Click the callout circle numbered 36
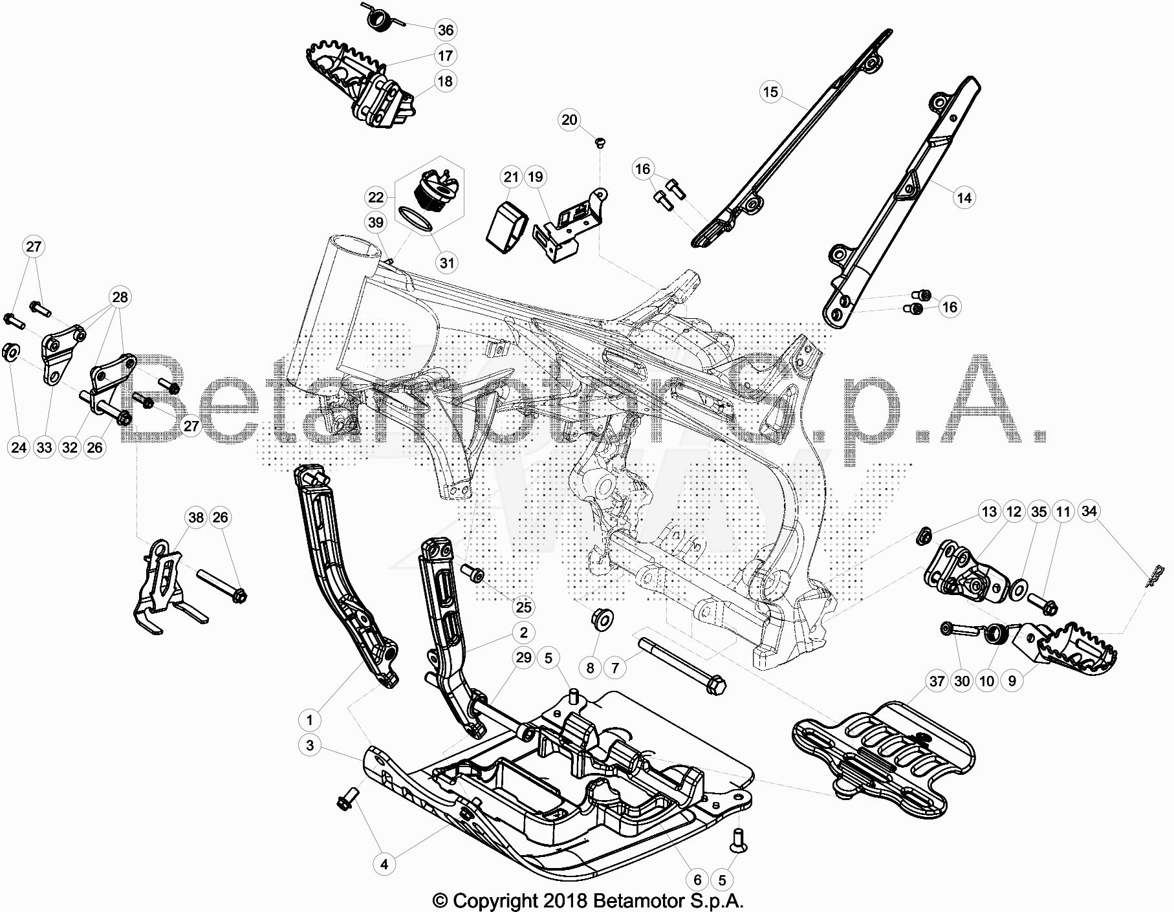pos(446,30)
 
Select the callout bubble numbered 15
pos(770,92)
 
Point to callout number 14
pos(964,197)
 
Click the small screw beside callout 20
pos(599,142)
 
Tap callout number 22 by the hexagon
pos(376,197)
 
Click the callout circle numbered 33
pos(45,447)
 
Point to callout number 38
pos(196,517)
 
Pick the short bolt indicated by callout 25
pos(473,573)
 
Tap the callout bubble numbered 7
pos(615,667)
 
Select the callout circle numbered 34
pos(1090,511)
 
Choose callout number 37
pos(937,681)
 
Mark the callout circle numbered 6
pos(697,880)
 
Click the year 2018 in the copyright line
pos(564,900)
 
